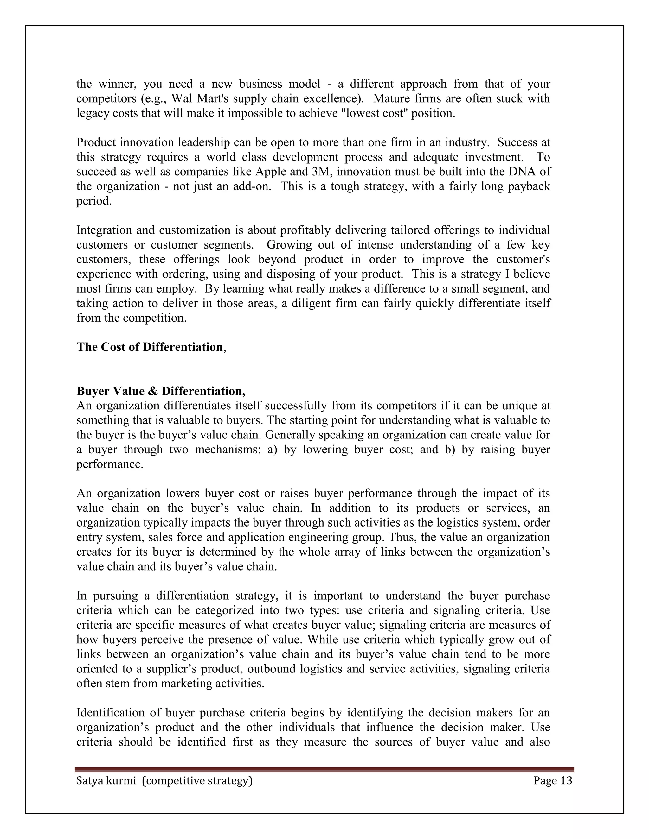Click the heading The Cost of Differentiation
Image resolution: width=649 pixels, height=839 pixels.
coord(150,347)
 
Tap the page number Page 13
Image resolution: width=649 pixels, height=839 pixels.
coord(552,781)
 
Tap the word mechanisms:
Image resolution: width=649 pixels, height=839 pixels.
coord(228,450)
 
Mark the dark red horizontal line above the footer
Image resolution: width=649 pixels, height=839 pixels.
coord(324,769)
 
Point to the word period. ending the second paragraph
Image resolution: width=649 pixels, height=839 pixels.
coord(94,201)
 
